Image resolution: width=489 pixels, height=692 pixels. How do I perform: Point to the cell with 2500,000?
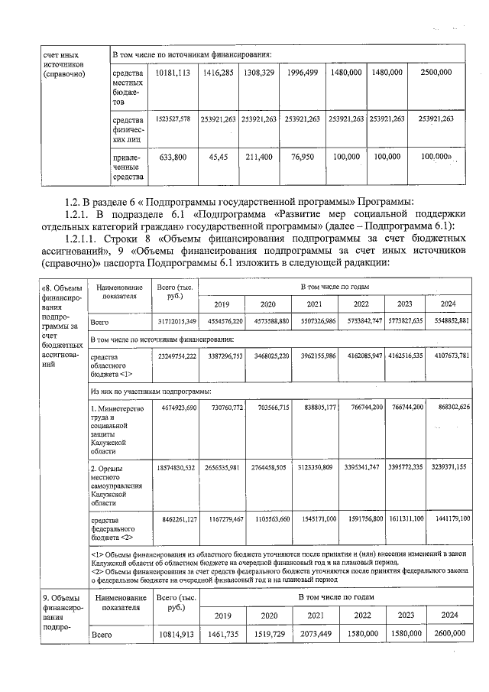(x=436, y=72)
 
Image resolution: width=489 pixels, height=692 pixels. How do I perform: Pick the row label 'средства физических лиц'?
(x=127, y=130)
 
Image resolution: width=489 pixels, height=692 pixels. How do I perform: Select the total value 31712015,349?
(x=177, y=320)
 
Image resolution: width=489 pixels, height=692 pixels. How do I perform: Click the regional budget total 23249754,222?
(x=177, y=356)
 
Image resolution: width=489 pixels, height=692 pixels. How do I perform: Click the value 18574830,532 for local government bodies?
(x=177, y=466)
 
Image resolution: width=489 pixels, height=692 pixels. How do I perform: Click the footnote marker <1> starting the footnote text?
(x=96, y=552)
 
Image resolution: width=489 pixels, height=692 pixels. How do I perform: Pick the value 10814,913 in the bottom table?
(x=177, y=634)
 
